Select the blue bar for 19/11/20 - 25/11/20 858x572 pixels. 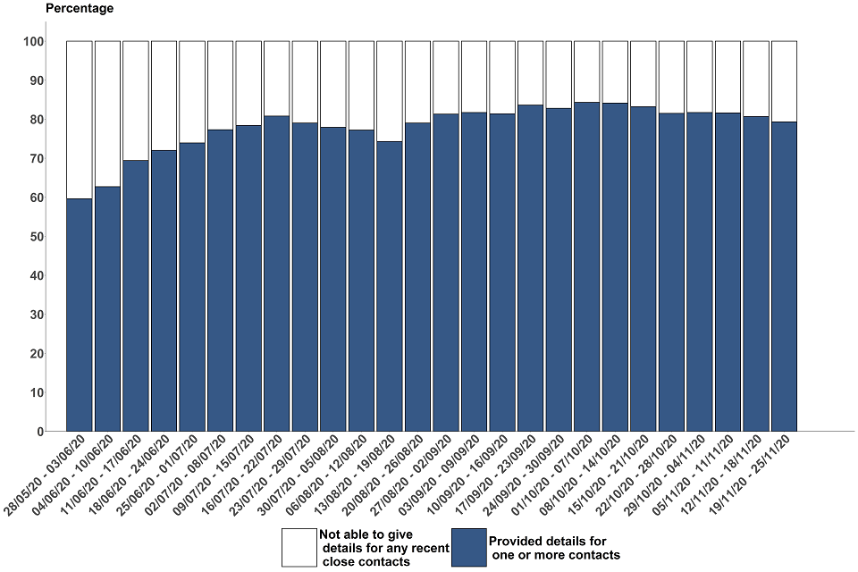point(784,276)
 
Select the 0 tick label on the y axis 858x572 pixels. point(40,432)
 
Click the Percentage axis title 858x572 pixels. point(80,9)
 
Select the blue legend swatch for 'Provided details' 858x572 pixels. point(468,547)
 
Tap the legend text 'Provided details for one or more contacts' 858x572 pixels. point(554,548)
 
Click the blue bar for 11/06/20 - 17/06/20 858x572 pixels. point(136,296)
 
